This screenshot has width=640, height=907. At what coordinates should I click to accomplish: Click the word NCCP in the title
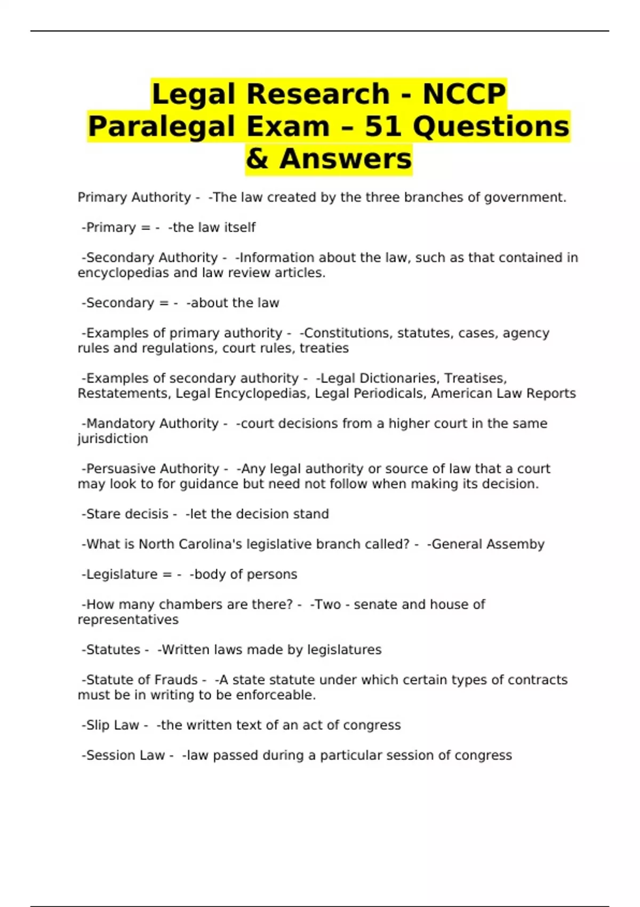tap(464, 94)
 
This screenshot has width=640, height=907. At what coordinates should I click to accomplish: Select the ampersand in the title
tap(257, 159)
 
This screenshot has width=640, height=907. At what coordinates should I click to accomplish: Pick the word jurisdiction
tap(113, 439)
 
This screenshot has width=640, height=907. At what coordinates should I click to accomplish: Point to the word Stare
tap(103, 514)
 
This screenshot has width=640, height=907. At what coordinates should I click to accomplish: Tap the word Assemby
tap(514, 544)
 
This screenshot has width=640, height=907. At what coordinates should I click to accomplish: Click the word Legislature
tap(122, 574)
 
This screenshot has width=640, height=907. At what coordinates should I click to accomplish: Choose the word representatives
tap(128, 619)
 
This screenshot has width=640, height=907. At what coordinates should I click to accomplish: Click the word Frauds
tap(176, 680)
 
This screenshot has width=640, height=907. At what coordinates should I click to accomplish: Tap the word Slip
tap(98, 725)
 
